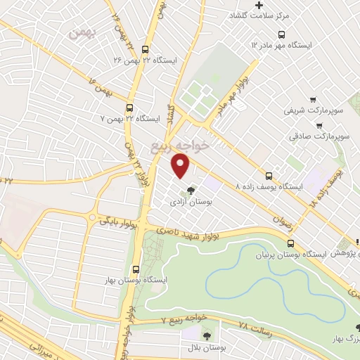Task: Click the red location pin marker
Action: [181, 166]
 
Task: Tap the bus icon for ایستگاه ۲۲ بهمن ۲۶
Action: [145, 50]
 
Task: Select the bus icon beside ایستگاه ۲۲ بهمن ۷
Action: [129, 108]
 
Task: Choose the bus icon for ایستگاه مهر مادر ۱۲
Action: [281, 34]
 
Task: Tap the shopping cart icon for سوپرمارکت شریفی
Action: [312, 100]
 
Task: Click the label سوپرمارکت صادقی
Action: [320, 135]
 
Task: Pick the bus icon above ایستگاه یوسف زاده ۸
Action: [269, 176]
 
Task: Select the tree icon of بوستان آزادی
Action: [190, 189]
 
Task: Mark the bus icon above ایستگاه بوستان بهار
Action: [135, 268]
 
